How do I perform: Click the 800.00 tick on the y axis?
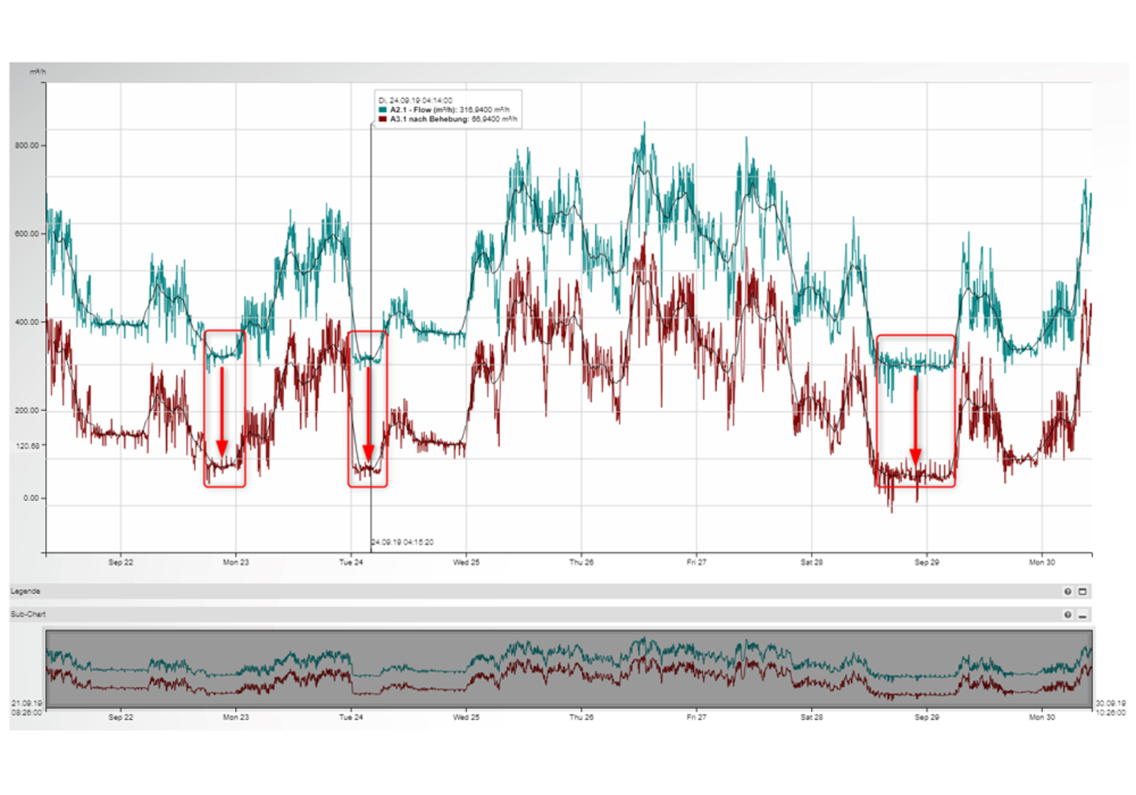[27, 146]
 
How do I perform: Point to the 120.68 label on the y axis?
[27, 446]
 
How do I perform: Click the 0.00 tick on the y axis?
[31, 498]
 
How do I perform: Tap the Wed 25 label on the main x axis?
[465, 562]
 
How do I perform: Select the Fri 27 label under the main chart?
[696, 562]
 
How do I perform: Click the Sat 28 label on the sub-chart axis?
[811, 718]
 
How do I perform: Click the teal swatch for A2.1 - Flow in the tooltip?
[383, 110]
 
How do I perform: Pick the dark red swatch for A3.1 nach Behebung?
[383, 120]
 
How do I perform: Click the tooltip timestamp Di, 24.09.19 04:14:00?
[416, 101]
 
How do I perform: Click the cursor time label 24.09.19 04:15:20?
[402, 543]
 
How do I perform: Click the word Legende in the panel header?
[25, 592]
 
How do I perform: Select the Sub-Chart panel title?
[28, 614]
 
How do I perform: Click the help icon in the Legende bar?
[1067, 592]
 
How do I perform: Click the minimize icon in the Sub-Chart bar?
[1082, 615]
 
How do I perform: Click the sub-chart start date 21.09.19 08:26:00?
[27, 707]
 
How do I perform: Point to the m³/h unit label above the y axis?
[38, 72]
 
